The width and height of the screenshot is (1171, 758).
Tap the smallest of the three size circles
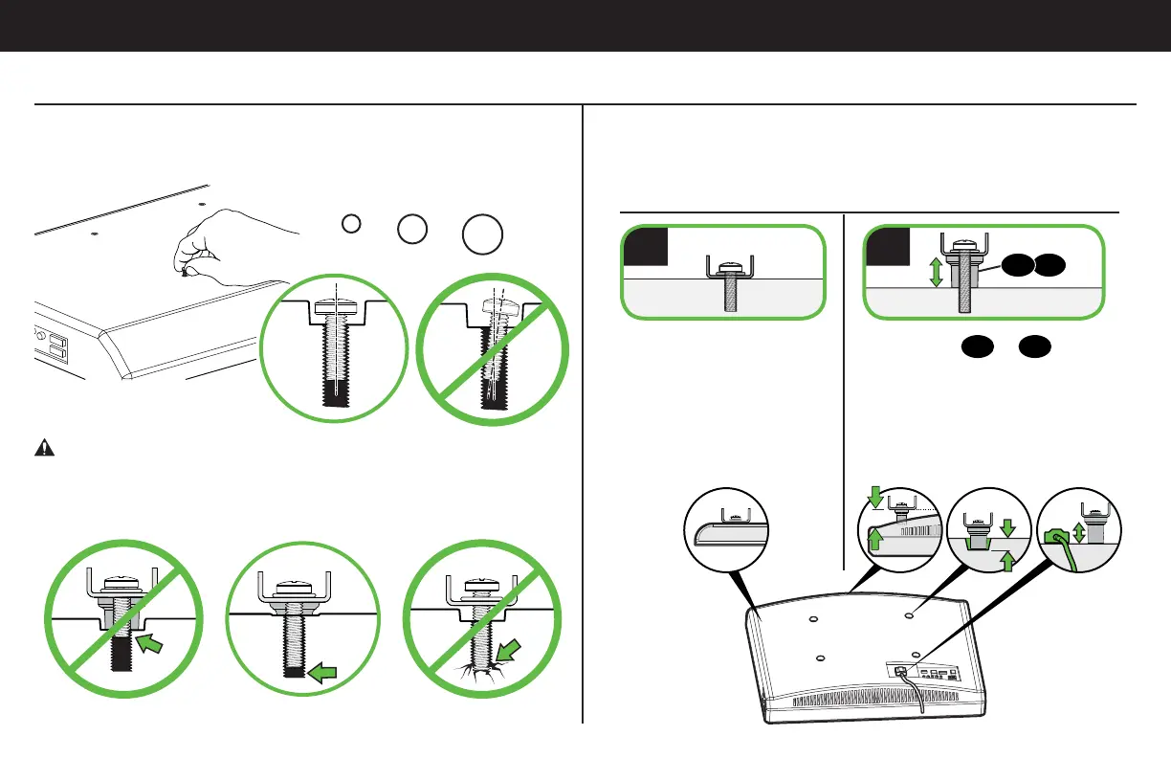[351, 223]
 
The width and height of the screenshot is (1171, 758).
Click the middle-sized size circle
[412, 228]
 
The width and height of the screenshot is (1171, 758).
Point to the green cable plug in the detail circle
[1057, 540]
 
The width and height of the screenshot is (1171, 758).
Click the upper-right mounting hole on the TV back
[910, 618]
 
